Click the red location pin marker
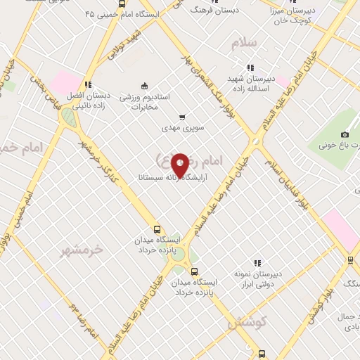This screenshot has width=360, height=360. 180,165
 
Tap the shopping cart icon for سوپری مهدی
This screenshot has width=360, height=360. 182,117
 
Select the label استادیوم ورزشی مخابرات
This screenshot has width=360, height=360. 144,103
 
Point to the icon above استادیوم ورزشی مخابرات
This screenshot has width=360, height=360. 144,86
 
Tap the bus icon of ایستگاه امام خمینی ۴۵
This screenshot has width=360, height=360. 122,4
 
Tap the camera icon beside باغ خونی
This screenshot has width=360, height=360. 345,134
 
